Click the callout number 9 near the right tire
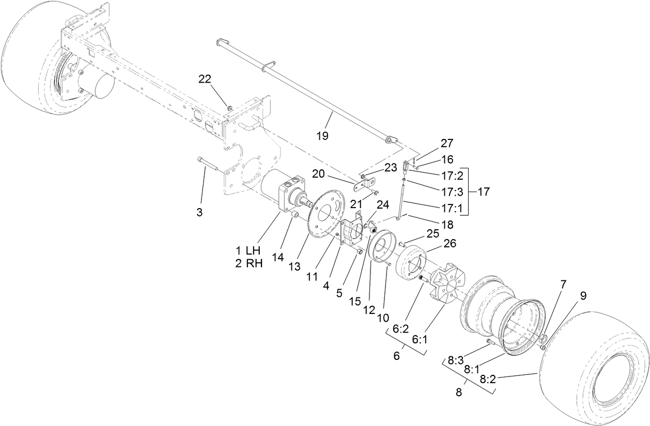583,296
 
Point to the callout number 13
294,266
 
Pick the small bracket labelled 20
365,183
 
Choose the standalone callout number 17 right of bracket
483,192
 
